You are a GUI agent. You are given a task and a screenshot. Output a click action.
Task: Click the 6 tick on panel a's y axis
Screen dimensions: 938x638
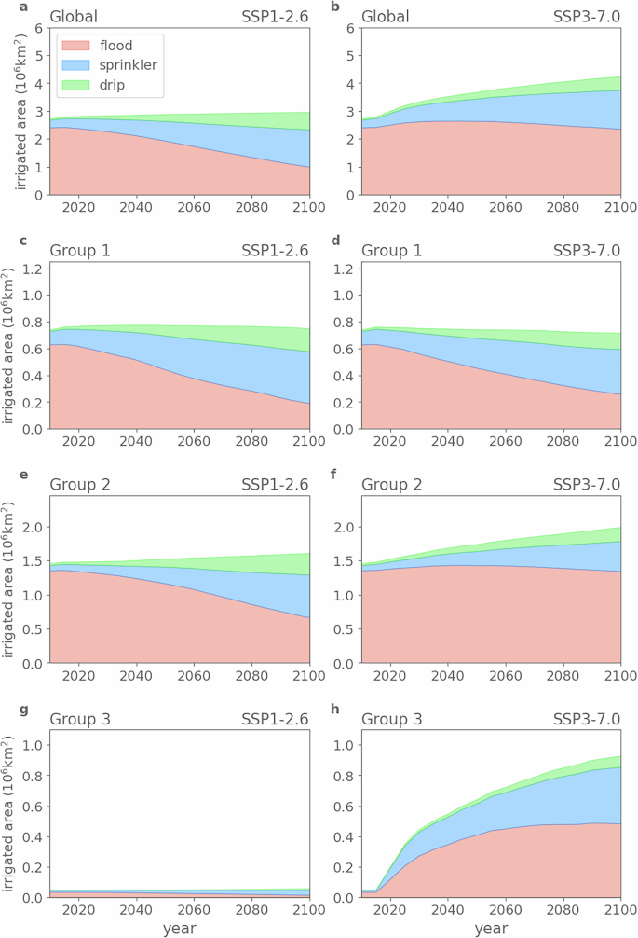coord(37,28)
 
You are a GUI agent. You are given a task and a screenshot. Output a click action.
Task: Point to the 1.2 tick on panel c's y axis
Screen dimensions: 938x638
coord(32,269)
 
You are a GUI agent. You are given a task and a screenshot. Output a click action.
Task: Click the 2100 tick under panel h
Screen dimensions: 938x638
coord(619,911)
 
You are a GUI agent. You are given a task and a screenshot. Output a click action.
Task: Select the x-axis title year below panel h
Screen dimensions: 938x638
coord(490,928)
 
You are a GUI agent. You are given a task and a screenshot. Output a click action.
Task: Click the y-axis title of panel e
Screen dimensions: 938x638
coord(10,579)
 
